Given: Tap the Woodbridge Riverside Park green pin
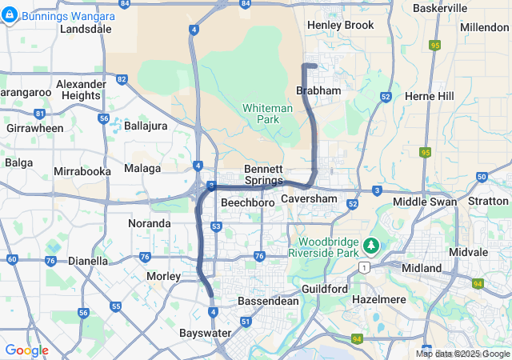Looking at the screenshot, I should point(370,244).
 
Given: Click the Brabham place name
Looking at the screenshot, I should point(318,91).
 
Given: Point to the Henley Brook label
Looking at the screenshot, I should point(340,25).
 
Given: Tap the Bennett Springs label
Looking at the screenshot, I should point(263,174).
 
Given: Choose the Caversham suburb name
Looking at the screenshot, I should point(309,198).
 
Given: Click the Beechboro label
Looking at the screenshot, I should point(247,204).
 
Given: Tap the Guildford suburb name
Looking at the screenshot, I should point(325,288).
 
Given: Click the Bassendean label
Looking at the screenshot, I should point(269,302).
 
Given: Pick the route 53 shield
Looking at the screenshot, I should point(216,227).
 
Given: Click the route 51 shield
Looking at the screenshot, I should point(246,322).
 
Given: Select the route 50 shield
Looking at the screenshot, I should point(481,177).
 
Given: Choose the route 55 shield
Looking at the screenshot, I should point(116,306).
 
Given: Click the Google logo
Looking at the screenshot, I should point(26,350).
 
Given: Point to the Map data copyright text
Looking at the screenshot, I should point(462,354).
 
